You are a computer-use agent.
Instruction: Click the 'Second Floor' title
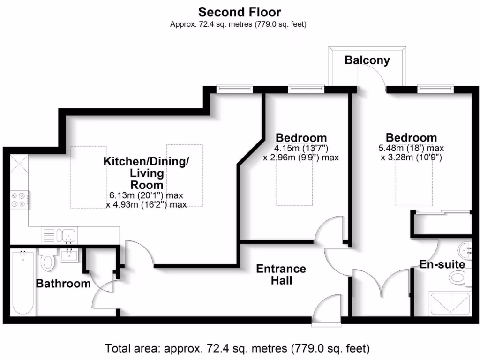[x=240, y=11]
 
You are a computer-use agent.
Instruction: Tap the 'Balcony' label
[x=367, y=60]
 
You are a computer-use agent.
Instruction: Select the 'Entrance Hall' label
[x=281, y=275]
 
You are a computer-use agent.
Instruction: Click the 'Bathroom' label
[x=63, y=284]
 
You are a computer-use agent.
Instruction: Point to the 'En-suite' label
[x=442, y=264]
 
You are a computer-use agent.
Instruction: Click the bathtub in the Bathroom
[x=22, y=283]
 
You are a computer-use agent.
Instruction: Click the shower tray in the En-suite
[x=450, y=304]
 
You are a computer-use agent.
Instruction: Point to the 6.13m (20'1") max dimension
[x=146, y=195]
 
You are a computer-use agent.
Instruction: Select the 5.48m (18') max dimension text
[x=411, y=148]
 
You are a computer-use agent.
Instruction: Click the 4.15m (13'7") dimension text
[x=300, y=148]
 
